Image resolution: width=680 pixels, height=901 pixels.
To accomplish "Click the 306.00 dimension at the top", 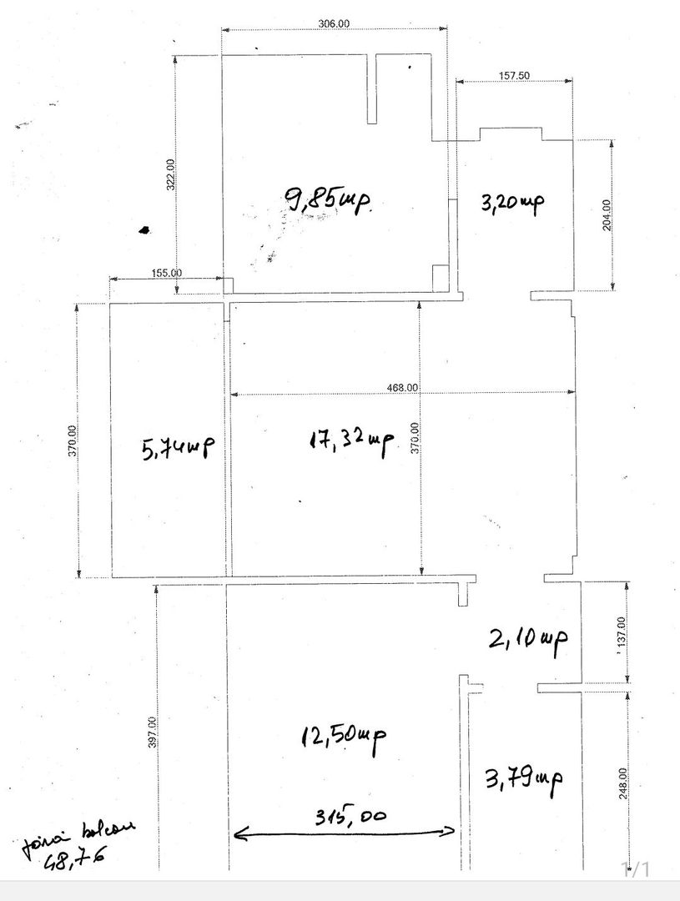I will (334, 24).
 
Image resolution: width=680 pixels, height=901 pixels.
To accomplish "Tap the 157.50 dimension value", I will (515, 74).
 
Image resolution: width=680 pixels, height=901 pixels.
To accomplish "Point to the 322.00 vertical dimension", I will (170, 174).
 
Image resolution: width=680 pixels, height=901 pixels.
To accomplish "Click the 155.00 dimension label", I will (168, 273).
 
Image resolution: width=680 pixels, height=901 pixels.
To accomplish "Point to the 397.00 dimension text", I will (151, 733).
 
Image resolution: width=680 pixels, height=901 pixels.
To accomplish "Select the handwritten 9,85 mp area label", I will (327, 201).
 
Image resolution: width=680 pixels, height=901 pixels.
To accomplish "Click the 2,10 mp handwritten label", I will (529, 640).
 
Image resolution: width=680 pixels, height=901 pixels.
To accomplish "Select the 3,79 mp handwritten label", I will (523, 780).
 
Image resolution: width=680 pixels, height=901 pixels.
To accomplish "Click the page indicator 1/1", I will (636, 869).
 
